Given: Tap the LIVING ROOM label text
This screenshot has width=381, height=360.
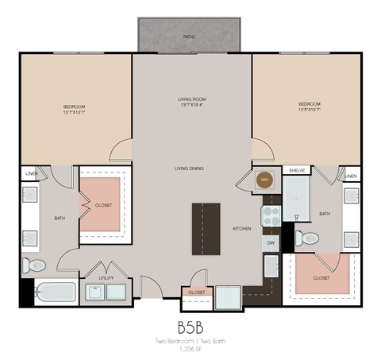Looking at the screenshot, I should click(191, 99).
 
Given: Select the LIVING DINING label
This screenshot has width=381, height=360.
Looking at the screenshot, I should click(191, 168).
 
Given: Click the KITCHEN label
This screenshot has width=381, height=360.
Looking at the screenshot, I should click(241, 228).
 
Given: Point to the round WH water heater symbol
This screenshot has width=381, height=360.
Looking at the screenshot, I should click(264, 180).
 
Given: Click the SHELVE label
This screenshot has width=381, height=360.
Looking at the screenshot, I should click(297, 170).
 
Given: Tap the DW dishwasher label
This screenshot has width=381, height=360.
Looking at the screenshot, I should click(271, 242).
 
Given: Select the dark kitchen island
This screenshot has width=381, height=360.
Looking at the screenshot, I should click(206, 227).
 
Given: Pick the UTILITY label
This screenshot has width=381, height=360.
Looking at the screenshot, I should click(106, 278).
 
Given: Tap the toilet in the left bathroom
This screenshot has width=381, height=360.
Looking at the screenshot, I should click(35, 265).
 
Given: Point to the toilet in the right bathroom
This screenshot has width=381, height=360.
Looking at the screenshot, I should click(308, 238).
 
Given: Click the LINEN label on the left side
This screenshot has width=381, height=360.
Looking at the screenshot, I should click(31, 173).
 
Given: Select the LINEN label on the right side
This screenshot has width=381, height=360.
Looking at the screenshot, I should click(350, 175).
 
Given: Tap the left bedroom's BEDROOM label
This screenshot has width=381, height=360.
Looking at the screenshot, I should click(74, 106).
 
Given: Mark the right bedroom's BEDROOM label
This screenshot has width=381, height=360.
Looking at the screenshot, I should click(310, 104).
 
